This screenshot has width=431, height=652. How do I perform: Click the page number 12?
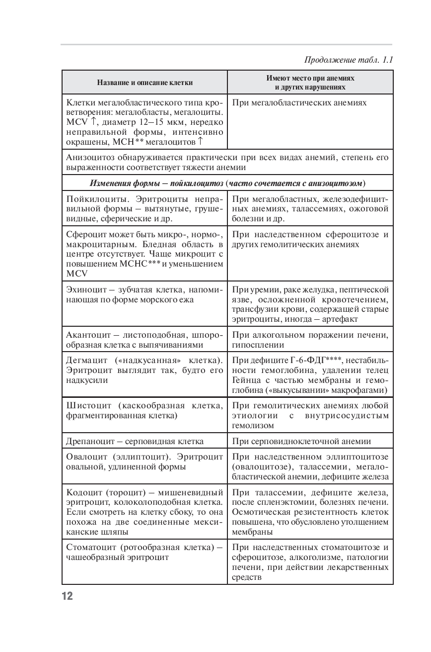pos(67,596)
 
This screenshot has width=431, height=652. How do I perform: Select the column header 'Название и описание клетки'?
pos(145,83)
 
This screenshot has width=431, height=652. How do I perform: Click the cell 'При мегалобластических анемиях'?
pos(299,102)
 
